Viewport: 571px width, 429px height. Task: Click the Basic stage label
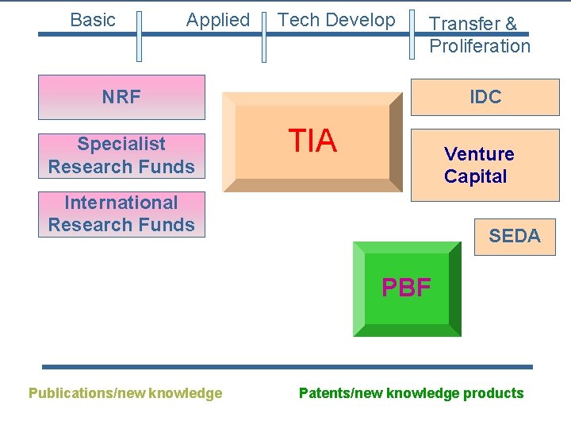pyautogui.click(x=93, y=20)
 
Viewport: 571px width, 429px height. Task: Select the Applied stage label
pyautogui.click(x=217, y=20)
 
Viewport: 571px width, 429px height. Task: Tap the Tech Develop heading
pyautogui.click(x=337, y=20)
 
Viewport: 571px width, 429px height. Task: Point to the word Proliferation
pyautogui.click(x=480, y=46)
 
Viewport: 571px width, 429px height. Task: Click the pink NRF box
pyautogui.click(x=121, y=97)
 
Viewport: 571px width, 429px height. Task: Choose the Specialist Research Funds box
pyautogui.click(x=121, y=155)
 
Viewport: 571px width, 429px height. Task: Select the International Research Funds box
pyautogui.click(x=121, y=214)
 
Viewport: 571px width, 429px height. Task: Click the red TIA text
pyautogui.click(x=312, y=141)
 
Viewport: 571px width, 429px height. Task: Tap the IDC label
pyautogui.click(x=485, y=97)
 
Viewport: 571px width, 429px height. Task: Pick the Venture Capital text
pyautogui.click(x=479, y=165)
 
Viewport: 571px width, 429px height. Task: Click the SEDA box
pyautogui.click(x=515, y=236)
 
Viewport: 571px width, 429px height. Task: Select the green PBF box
pyautogui.click(x=406, y=288)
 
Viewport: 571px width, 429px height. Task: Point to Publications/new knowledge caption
pyautogui.click(x=125, y=392)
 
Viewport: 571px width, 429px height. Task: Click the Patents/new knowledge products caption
pyautogui.click(x=411, y=392)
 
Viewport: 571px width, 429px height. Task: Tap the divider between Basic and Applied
pyautogui.click(x=139, y=36)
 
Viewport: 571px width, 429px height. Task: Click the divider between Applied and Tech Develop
pyautogui.click(x=264, y=36)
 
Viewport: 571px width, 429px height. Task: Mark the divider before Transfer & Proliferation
pyautogui.click(x=412, y=36)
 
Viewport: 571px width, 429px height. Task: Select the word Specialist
pyautogui.click(x=121, y=144)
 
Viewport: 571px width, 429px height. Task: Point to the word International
pyautogui.click(x=121, y=203)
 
